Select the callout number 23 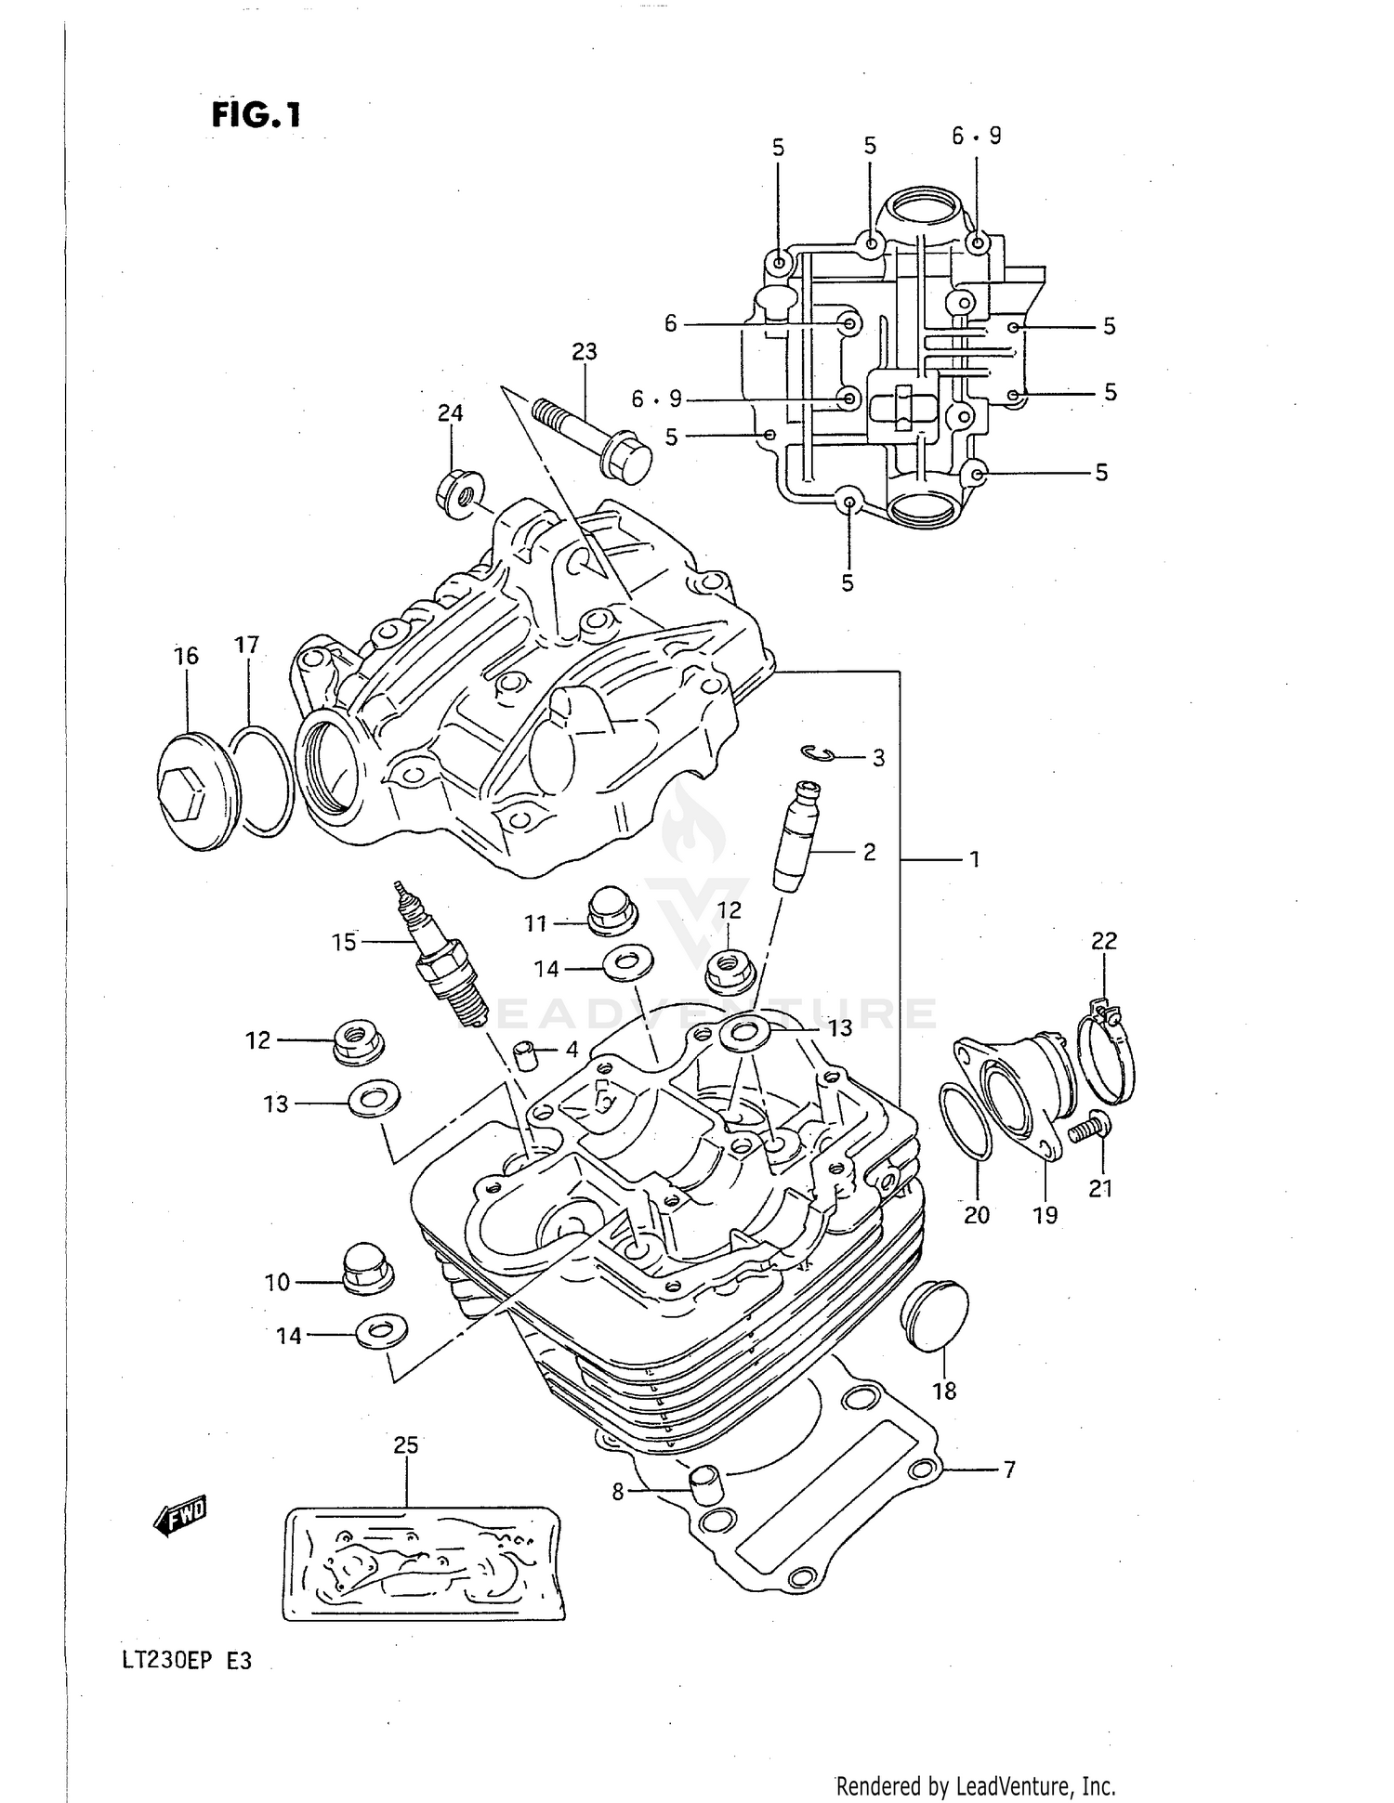584,352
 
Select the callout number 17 246,645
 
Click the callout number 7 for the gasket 1008,1470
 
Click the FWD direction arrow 179,1516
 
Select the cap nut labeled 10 366,1267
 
